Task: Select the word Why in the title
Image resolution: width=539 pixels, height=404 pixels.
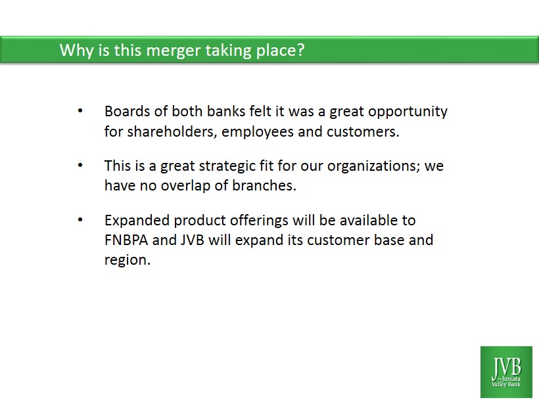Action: pyautogui.click(x=76, y=51)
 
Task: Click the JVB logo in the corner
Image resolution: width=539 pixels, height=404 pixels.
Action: pyautogui.click(x=506, y=372)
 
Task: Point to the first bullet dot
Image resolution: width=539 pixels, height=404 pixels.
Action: pyautogui.click(x=80, y=110)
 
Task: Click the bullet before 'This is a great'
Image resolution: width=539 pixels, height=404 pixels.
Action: pyautogui.click(x=80, y=166)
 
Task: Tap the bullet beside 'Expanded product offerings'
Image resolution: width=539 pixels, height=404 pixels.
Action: pyautogui.click(x=80, y=219)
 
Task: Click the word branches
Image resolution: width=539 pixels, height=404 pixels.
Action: pyautogui.click(x=264, y=185)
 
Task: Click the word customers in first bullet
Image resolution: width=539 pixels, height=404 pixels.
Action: pyautogui.click(x=363, y=132)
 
